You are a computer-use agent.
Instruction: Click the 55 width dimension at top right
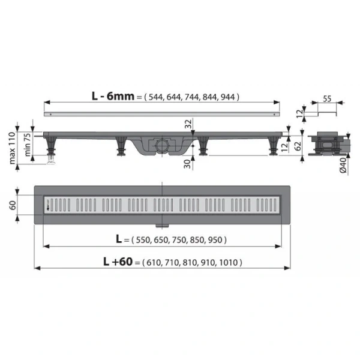click(x=327, y=98)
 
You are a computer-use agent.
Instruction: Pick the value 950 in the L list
click(x=215, y=239)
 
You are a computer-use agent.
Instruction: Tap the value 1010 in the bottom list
click(x=228, y=262)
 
